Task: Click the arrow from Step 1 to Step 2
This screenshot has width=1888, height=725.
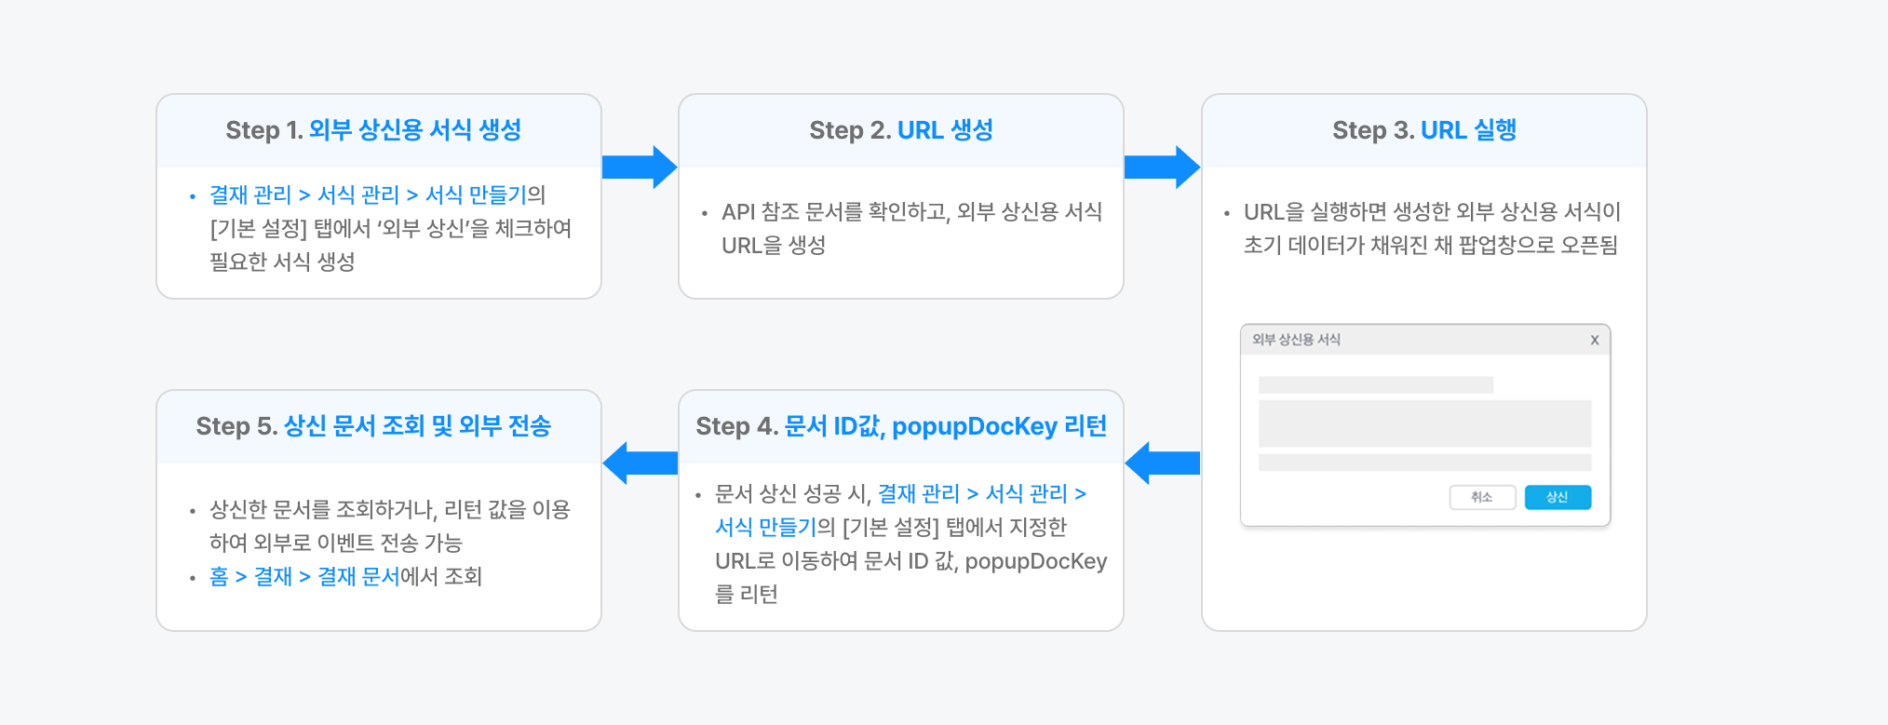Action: pos(640,168)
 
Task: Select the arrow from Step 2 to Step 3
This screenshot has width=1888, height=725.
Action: pos(1162,168)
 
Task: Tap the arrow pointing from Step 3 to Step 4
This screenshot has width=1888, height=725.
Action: pos(1162,463)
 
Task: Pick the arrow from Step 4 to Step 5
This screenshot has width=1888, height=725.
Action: pos(640,463)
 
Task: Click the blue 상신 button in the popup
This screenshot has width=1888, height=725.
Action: pos(1558,498)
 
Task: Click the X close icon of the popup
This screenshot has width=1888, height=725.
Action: pos(1595,340)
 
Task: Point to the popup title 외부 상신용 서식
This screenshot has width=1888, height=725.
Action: pos(1296,340)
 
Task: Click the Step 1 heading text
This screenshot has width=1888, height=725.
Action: pos(373,130)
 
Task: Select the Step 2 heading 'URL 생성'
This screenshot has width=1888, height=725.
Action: pos(945,130)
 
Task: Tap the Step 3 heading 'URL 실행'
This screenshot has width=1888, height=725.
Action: pos(1468,130)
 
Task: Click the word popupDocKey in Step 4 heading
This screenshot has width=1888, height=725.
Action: pos(974,426)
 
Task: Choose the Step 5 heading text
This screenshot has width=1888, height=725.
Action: pos(373,426)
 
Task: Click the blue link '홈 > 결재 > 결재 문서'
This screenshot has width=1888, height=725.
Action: pos(304,577)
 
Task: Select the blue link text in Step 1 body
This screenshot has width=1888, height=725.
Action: pos(368,195)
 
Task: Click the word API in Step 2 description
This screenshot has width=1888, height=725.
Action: pos(738,212)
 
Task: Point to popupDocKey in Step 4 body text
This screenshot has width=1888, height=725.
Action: pos(1035,561)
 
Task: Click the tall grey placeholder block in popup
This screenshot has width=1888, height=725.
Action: pos(1424,424)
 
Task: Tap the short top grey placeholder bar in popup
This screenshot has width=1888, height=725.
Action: pos(1375,385)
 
